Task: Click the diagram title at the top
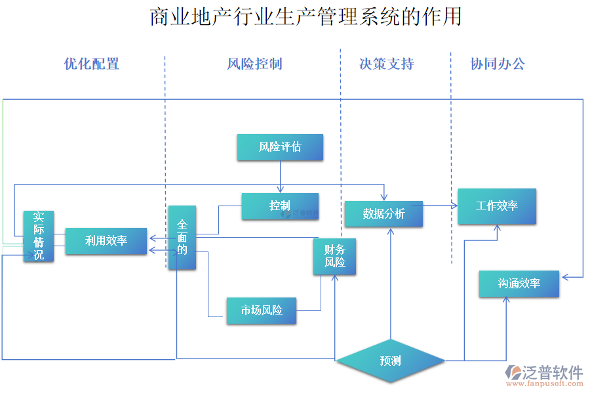coord(305,16)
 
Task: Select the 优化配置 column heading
coord(92,64)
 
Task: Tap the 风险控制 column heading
coord(254,64)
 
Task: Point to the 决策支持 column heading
coord(387,64)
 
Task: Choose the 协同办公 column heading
coord(498,64)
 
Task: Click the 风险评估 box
coord(280,147)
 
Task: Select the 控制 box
coord(280,206)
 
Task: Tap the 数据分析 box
coord(383,214)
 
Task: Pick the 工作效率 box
coord(496,206)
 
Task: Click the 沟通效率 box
coord(519,284)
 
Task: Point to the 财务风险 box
coord(334,256)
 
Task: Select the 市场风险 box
coord(261,311)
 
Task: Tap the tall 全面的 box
coord(182,238)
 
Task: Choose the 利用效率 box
coord(106,241)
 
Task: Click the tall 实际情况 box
coord(39,236)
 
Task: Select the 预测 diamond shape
coord(390,361)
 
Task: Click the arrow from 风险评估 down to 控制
coord(280,177)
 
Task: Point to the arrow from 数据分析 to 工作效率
coord(439,206)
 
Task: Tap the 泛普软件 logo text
coord(551,372)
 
